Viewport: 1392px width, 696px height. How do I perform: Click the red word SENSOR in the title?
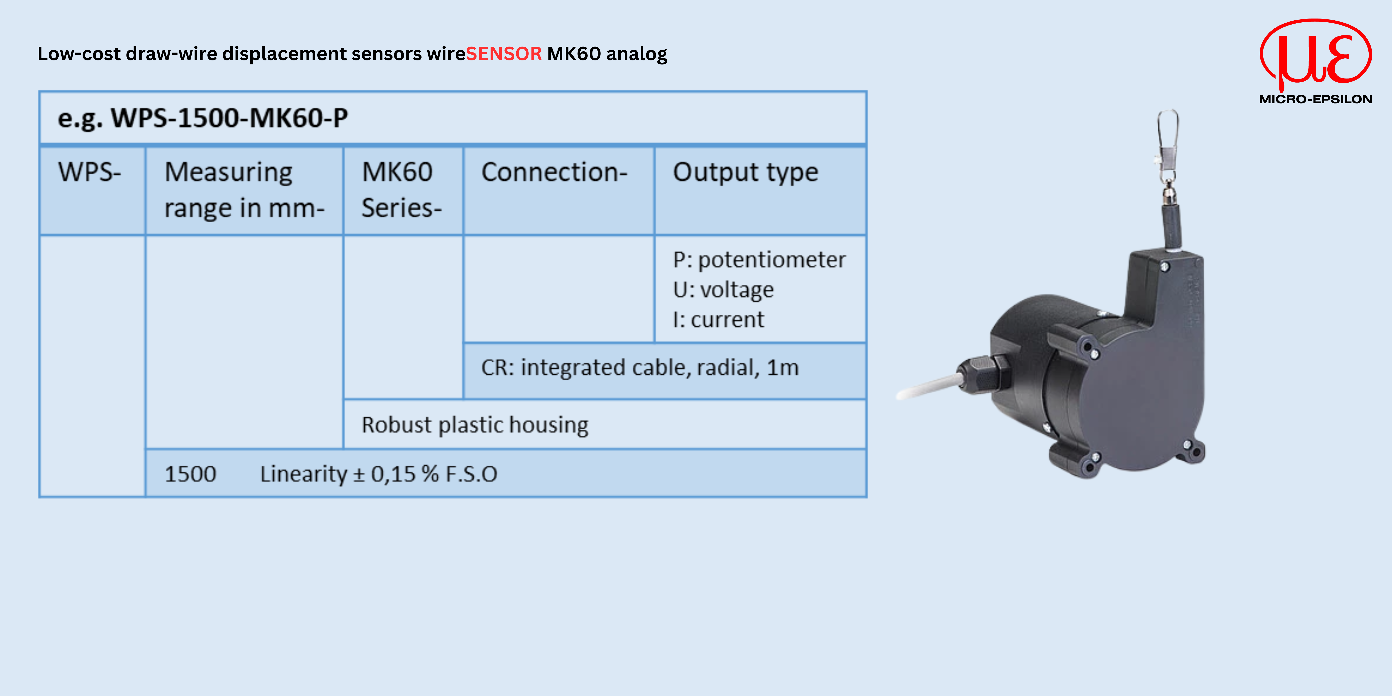click(504, 54)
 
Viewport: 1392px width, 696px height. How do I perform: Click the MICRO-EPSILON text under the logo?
click(1315, 99)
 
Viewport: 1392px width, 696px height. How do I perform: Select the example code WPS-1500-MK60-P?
click(230, 118)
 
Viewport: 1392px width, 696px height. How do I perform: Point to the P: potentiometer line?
click(759, 260)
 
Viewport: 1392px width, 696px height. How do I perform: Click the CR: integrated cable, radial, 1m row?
click(640, 368)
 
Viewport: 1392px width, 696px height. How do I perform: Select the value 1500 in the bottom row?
click(190, 474)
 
